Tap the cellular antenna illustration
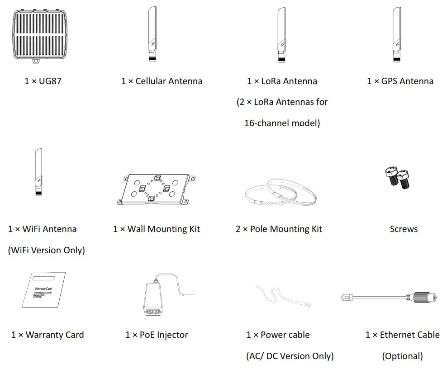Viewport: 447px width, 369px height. [152, 34]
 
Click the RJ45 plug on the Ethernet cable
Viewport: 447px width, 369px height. [348, 297]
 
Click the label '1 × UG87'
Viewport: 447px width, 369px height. [43, 81]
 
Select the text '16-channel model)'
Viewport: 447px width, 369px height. [282, 123]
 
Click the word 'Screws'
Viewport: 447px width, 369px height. [404, 229]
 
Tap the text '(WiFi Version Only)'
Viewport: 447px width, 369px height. [46, 250]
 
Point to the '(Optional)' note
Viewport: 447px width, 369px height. [402, 356]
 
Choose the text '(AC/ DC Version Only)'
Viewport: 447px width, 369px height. [290, 356]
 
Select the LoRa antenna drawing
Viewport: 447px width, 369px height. [281, 34]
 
